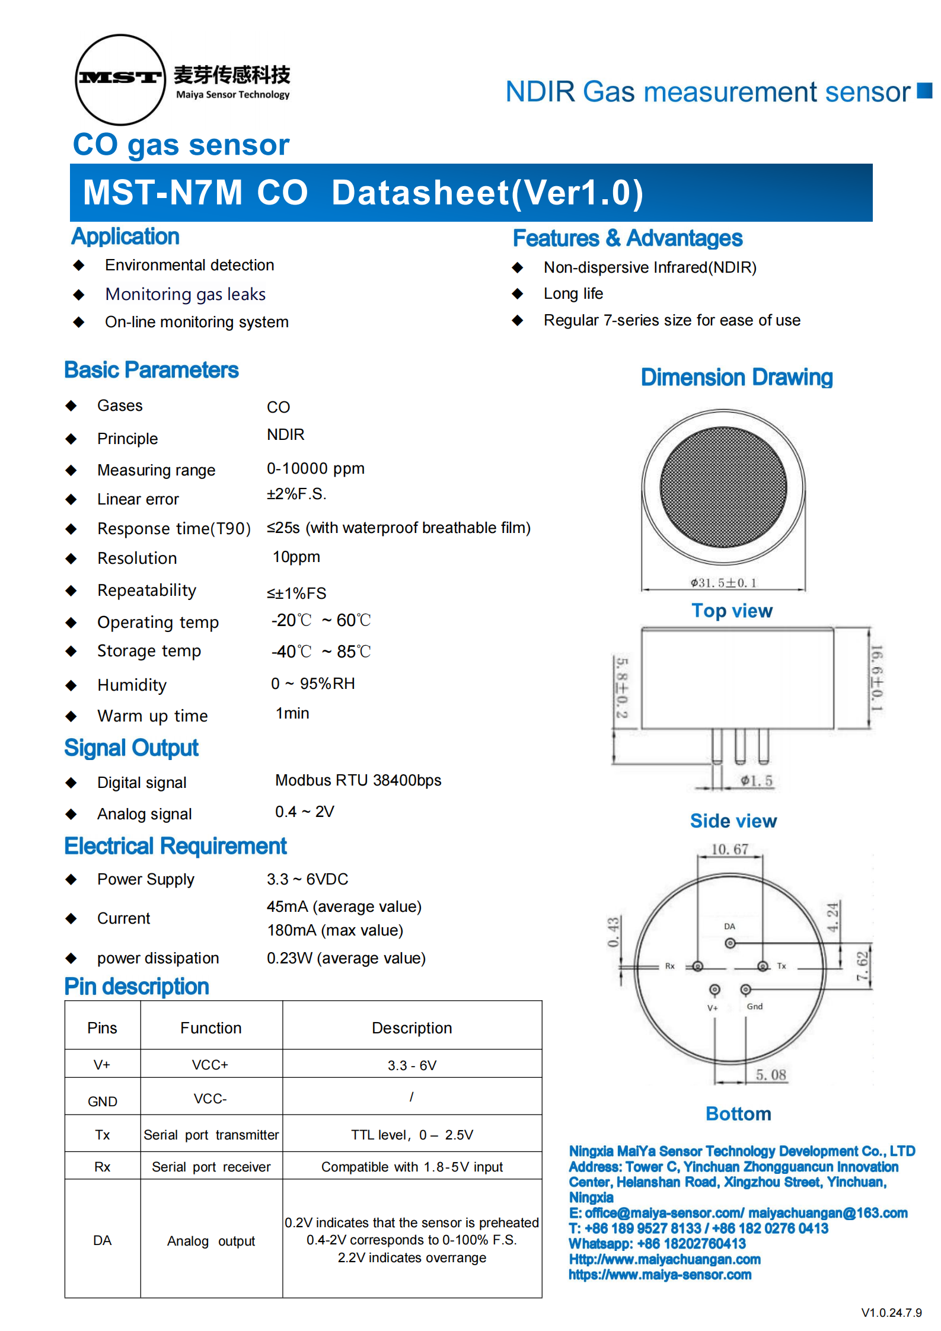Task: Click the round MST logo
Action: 120,79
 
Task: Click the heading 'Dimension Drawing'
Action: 736,377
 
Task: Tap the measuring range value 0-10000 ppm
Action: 315,468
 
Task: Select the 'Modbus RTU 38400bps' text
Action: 358,780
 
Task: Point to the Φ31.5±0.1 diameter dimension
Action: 723,582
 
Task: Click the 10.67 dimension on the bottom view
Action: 729,849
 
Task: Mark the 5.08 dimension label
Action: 770,1074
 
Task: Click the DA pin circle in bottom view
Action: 730,943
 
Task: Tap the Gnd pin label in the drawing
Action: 754,1006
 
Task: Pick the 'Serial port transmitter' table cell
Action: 211,1135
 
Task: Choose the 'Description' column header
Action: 412,1027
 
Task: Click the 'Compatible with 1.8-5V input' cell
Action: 412,1167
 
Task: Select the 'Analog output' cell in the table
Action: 211,1241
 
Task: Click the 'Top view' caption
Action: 732,611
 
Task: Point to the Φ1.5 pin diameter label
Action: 757,781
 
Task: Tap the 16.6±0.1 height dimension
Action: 876,678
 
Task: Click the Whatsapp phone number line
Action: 657,1243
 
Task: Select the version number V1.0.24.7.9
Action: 891,1313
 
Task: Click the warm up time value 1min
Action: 292,713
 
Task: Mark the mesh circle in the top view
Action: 723,487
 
